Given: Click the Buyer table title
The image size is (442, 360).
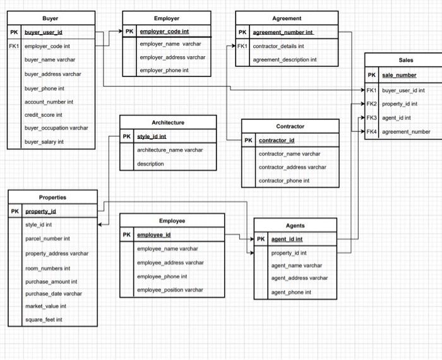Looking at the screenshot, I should pyautogui.click(x=51, y=18).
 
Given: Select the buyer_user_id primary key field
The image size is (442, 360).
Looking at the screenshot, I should pyautogui.click(x=44, y=32).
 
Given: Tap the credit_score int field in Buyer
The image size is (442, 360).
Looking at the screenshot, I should pyautogui.click(x=43, y=115).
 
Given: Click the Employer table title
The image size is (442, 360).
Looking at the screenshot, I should pyautogui.click(x=166, y=18).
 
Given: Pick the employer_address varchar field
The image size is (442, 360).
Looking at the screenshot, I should pyautogui.click(x=172, y=57).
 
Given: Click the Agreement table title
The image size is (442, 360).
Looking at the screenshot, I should pyautogui.click(x=287, y=18).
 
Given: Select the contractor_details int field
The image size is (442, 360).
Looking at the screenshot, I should pyautogui.click(x=278, y=46).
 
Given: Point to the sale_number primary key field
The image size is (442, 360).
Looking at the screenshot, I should pyautogui.click(x=399, y=75).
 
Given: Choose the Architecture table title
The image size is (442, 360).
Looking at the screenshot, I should pyautogui.click(x=168, y=122).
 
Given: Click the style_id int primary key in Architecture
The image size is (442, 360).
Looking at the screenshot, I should pyautogui.click(x=152, y=136).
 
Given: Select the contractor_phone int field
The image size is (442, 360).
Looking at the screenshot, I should pyautogui.click(x=284, y=181).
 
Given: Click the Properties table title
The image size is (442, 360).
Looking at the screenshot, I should pyautogui.click(x=52, y=197).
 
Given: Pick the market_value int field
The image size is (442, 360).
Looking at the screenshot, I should pyautogui.click(x=45, y=306).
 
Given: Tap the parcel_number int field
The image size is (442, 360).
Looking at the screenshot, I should pyautogui.click(x=47, y=239).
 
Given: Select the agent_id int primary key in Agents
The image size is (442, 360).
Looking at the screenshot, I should pyautogui.click(x=287, y=239).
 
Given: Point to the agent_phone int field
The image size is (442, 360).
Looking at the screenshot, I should pyautogui.click(x=291, y=292).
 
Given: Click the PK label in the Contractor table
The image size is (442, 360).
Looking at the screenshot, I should pyautogui.click(x=249, y=140).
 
